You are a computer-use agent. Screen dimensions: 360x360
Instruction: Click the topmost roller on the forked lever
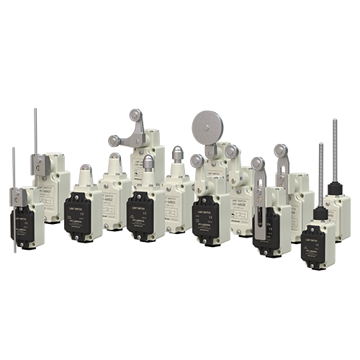pos(135,116)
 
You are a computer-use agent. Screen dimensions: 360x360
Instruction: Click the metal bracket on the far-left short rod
pos(17,195)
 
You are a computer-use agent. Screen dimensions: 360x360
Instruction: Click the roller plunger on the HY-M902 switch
pos(114,159)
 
